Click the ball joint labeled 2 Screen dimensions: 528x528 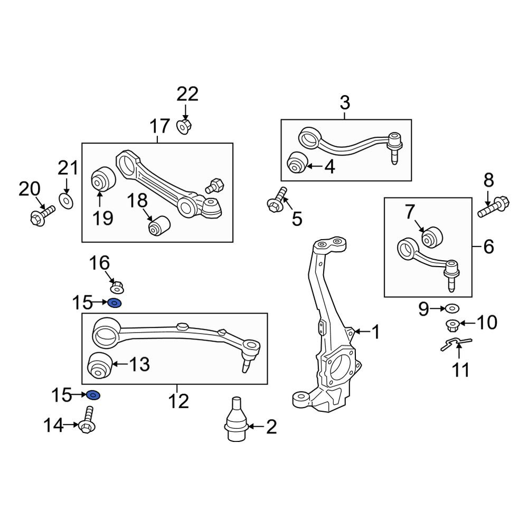[237, 420]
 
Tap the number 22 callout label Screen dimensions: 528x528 [187, 95]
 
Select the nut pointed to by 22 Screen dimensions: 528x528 [184, 126]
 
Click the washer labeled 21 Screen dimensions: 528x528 [67, 201]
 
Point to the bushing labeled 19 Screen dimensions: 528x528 [103, 178]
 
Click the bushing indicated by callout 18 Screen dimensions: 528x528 [159, 226]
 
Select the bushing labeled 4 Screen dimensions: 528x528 [297, 162]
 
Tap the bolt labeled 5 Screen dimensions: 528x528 [277, 200]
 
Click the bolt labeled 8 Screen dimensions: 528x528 [494, 206]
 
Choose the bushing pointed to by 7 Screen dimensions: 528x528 [432, 237]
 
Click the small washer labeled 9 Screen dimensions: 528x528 [452, 308]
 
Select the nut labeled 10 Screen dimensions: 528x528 [452, 325]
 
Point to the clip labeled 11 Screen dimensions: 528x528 [456, 344]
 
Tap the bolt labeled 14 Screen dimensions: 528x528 [87, 420]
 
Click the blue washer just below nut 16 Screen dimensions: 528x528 [115, 303]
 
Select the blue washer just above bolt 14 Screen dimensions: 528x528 [93, 394]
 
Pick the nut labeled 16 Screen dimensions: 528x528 [117, 287]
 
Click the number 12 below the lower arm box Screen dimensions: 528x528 [178, 401]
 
